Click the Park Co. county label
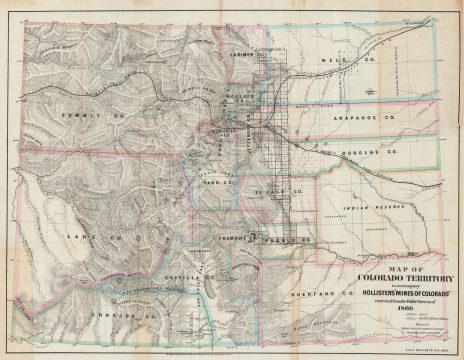click(x=216, y=182)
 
